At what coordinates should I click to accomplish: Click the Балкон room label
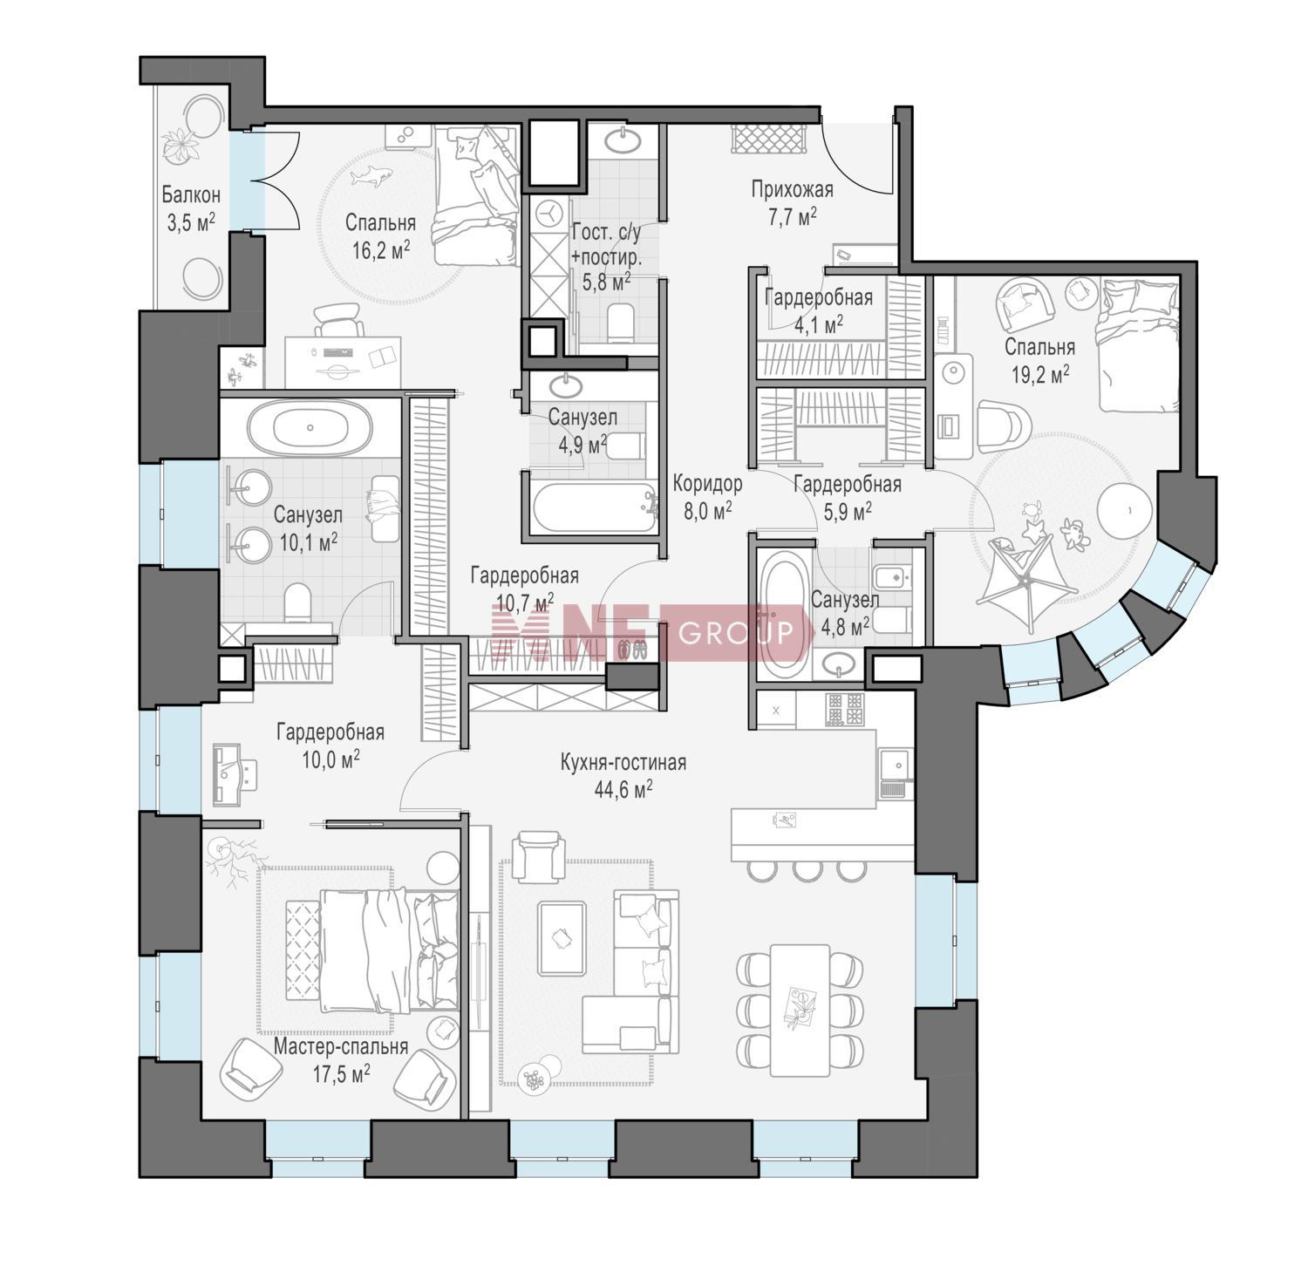click(x=190, y=195)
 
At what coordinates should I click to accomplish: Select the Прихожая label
click(x=792, y=190)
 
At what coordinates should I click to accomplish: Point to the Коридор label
click(x=707, y=484)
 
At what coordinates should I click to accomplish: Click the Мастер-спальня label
click(x=341, y=1046)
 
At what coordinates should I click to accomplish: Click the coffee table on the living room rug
click(x=562, y=938)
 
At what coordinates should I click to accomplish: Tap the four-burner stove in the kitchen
click(x=844, y=709)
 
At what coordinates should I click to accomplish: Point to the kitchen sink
click(x=895, y=766)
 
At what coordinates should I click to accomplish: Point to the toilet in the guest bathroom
click(x=621, y=322)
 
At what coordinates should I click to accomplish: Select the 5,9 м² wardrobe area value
click(x=848, y=512)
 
